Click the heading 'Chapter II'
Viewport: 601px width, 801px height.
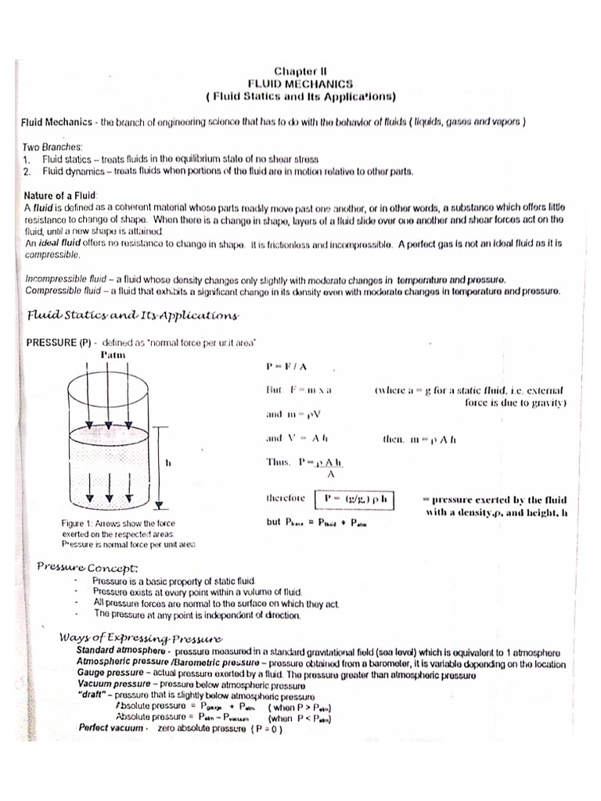300,69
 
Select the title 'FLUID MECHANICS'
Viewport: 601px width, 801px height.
300,82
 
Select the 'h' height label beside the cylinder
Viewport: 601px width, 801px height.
168,462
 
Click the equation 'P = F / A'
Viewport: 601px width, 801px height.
287,365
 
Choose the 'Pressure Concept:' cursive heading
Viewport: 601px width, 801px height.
88,566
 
